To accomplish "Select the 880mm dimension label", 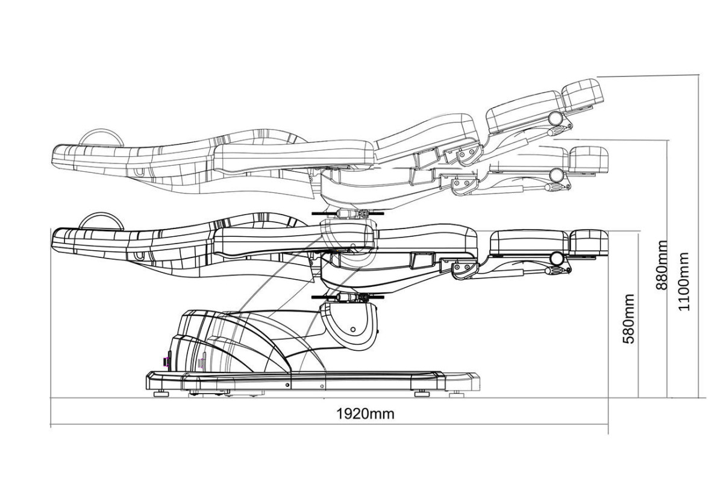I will pyautogui.click(x=661, y=265).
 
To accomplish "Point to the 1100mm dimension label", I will pyautogui.click(x=684, y=281).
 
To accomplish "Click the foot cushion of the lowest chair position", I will pyautogui.click(x=589, y=244).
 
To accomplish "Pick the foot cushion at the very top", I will pyautogui.click(x=583, y=93).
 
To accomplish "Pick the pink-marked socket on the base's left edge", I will pyautogui.click(x=165, y=361).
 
